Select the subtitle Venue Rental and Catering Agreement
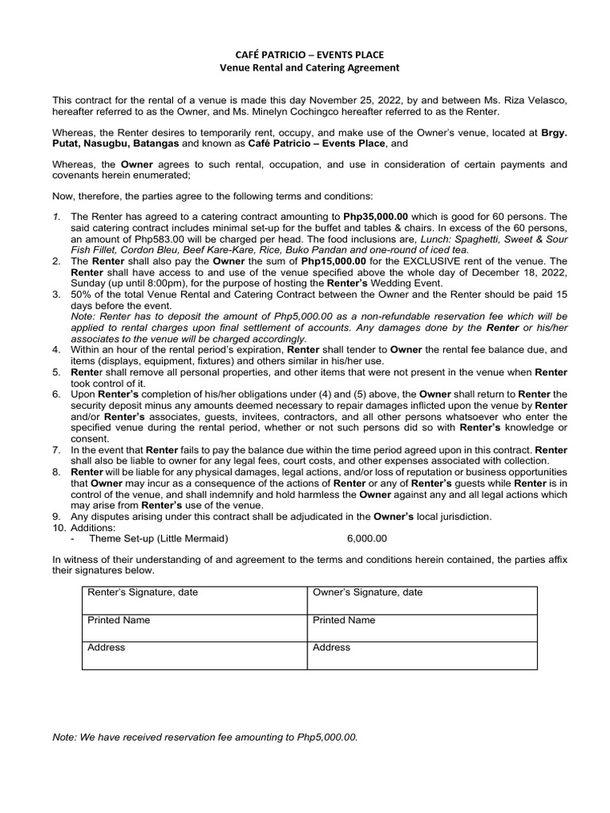(x=309, y=67)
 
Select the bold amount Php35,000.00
(x=376, y=216)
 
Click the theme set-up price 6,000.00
(x=367, y=538)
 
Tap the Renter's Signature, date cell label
(x=142, y=592)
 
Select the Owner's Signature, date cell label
(x=367, y=592)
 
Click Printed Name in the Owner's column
(x=344, y=620)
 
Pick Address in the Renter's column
(x=106, y=648)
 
